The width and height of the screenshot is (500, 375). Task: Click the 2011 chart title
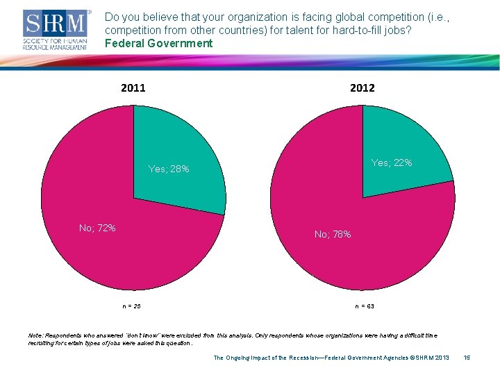coord(133,87)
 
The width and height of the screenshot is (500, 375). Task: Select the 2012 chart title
coord(362,87)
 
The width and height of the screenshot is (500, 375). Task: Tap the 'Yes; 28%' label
coord(169,169)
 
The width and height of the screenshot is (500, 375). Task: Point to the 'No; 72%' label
coord(97,228)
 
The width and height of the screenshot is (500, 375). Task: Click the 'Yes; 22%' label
coord(392,162)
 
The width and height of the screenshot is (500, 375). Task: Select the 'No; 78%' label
coord(333,235)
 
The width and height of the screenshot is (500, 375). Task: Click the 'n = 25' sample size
coord(131,306)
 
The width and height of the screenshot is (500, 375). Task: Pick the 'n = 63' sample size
coord(365,306)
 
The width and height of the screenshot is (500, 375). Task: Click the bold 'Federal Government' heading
coord(158,44)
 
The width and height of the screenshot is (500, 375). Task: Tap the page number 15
coord(467,358)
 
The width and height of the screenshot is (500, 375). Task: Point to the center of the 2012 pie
coord(362,197)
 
